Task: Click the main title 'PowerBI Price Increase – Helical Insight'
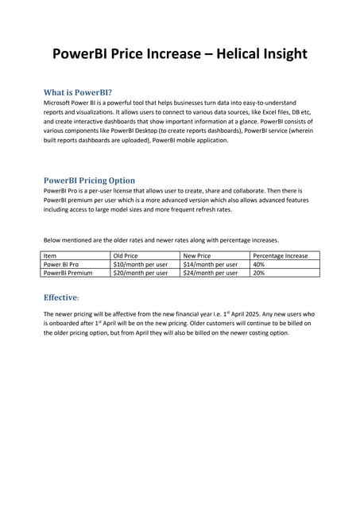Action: coord(180,55)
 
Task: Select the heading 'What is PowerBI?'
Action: coord(77,91)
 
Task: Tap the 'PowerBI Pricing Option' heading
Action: coord(89,180)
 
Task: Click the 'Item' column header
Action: coord(50,255)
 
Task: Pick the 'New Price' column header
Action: coord(197,255)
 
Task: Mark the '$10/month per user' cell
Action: coord(141,263)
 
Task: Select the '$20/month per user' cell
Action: coord(141,272)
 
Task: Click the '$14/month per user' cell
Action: coord(210,263)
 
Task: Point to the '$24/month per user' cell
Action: coord(210,272)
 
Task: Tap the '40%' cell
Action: coord(258,263)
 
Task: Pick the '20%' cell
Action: coord(258,272)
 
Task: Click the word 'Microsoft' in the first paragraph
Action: coord(58,103)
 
